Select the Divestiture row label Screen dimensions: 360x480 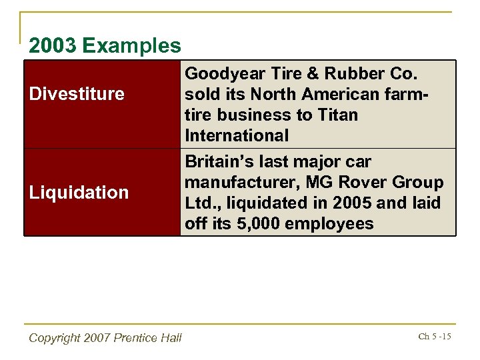(77, 94)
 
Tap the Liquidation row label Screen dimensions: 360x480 (79, 193)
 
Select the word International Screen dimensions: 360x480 (237, 136)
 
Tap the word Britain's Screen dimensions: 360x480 (217, 162)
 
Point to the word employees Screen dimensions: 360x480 (329, 224)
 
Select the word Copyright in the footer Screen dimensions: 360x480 (55, 338)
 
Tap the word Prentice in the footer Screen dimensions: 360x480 (137, 338)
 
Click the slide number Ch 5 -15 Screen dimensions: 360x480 (435, 337)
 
